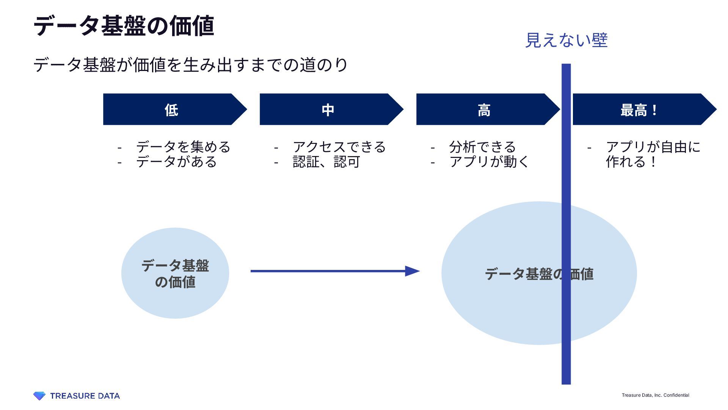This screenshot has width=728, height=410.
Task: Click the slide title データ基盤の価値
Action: point(124,26)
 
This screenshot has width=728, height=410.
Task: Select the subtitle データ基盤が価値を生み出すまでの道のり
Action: point(190,65)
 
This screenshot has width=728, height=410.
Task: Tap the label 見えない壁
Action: point(566,40)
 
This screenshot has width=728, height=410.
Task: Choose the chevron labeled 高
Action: point(484,110)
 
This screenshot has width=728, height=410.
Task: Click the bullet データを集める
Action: point(183,147)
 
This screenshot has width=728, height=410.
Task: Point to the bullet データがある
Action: point(176,162)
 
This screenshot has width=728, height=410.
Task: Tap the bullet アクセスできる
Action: point(339,147)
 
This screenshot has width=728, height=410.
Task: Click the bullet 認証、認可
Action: point(326,162)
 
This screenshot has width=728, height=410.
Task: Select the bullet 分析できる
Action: point(482,147)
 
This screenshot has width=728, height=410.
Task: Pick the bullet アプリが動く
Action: point(489,162)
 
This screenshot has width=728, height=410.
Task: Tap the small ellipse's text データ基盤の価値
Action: point(175,273)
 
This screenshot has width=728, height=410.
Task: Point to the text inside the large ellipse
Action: point(539,274)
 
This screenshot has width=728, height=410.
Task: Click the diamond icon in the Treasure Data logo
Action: point(39,396)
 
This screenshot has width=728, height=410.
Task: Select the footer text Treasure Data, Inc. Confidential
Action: point(655,395)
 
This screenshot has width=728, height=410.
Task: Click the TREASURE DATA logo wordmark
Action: point(85,396)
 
